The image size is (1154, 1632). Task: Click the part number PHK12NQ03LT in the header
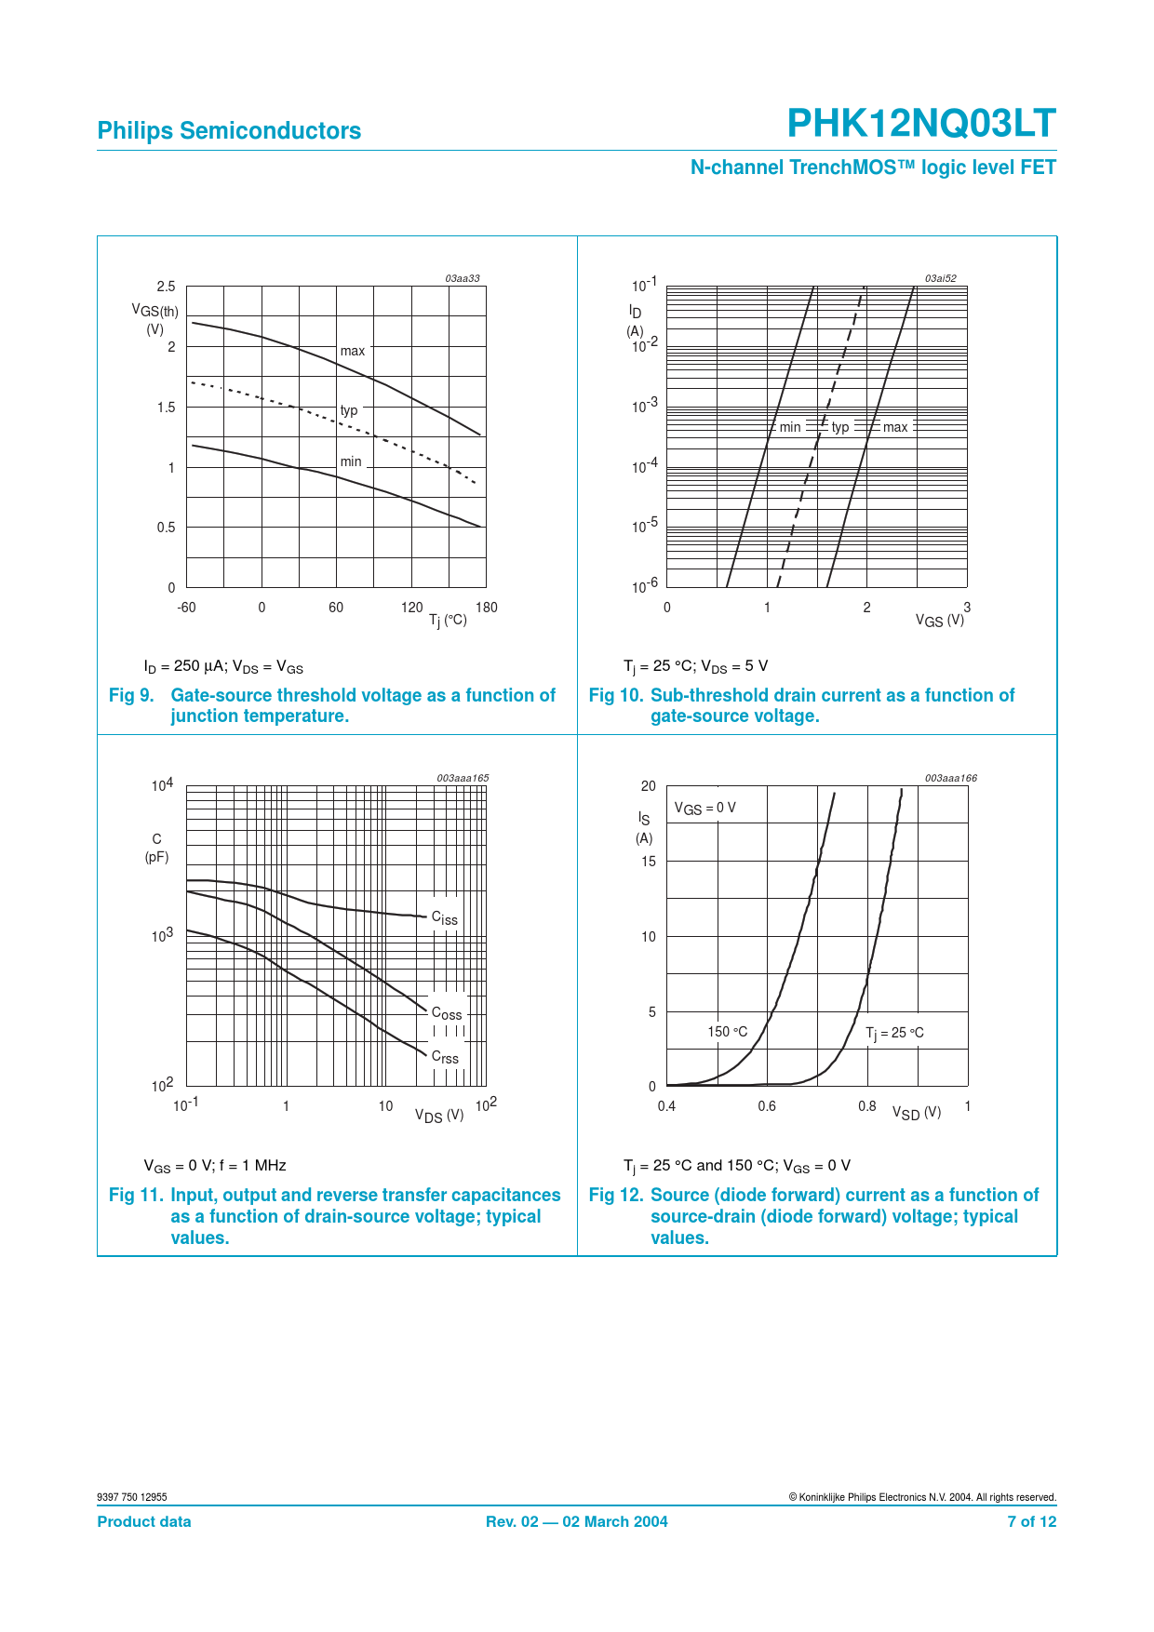(921, 124)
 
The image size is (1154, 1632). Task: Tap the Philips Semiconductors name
(229, 131)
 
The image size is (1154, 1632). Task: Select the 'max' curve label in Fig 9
(353, 351)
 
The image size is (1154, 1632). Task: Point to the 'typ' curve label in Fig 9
(349, 410)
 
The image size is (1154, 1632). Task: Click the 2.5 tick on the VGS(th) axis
(166, 287)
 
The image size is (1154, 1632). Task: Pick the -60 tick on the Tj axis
(186, 608)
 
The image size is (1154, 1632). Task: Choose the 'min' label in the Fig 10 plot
(790, 427)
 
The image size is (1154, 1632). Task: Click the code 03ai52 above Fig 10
(940, 278)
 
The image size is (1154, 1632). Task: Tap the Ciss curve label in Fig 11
(445, 918)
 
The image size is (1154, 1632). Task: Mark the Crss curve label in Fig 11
(445, 1057)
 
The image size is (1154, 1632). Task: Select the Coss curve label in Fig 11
(447, 1013)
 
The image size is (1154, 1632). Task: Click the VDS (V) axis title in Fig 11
(439, 1115)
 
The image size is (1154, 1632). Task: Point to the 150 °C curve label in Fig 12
(727, 1032)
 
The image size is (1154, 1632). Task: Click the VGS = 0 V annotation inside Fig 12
(704, 808)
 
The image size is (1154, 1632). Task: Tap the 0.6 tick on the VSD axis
(767, 1106)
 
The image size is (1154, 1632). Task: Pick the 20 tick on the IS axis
(649, 786)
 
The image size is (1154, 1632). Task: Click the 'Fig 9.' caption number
(131, 695)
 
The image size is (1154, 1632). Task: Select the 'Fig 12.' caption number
(615, 1195)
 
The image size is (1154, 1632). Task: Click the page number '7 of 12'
(1031, 1522)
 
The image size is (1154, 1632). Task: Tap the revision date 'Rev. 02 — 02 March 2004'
(576, 1522)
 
